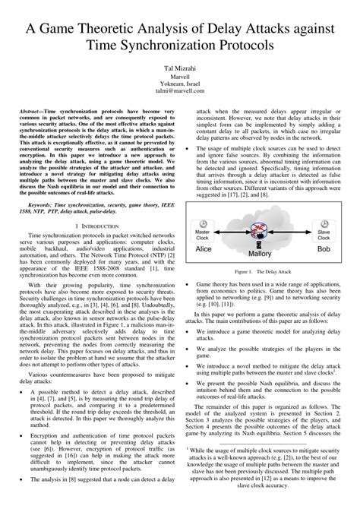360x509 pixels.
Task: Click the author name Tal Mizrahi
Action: pos(179,68)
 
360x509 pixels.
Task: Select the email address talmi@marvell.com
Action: pos(179,94)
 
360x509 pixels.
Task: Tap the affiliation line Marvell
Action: pos(179,77)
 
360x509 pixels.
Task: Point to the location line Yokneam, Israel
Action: pos(179,86)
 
